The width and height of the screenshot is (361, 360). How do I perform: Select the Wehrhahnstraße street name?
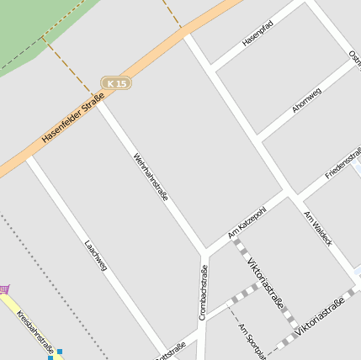[x=151, y=177]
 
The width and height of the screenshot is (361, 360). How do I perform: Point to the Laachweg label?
[x=96, y=256]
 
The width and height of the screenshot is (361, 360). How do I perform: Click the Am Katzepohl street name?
[x=247, y=221]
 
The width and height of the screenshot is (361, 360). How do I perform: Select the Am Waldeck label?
[x=318, y=228]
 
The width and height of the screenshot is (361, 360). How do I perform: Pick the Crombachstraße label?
[x=203, y=292]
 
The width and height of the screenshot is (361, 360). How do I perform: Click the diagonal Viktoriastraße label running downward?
[x=265, y=282]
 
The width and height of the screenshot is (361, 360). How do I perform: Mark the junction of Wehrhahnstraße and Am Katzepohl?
[x=204, y=251]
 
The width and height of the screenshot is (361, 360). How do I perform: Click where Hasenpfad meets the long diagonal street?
[x=213, y=66]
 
